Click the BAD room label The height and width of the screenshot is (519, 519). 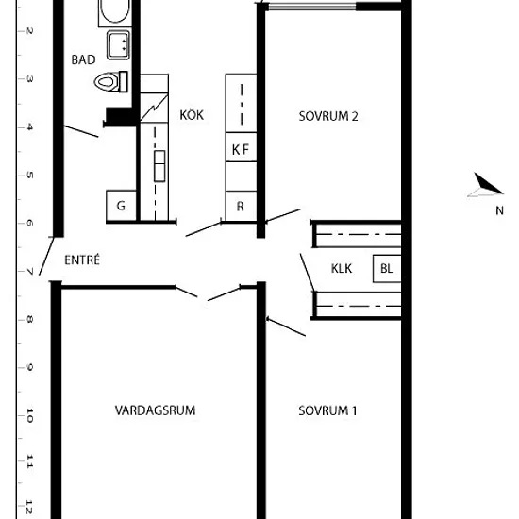[83, 59]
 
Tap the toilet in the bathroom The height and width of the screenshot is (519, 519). [111, 81]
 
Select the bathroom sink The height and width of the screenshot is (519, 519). [118, 45]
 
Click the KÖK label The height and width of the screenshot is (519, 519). [192, 115]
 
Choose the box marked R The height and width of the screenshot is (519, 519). [241, 206]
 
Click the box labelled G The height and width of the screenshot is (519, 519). [121, 205]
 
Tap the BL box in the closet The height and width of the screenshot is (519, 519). [387, 268]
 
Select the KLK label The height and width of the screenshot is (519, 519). [342, 268]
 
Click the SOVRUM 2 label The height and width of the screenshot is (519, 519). [328, 116]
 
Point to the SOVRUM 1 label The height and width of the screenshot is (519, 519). [327, 410]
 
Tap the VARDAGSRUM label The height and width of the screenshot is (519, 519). [155, 410]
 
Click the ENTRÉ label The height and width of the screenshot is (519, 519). [82, 259]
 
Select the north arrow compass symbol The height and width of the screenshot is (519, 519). [486, 185]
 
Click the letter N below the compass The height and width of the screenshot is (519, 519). [500, 210]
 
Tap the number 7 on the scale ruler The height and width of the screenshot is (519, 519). [30, 272]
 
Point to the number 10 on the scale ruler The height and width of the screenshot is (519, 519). [29, 415]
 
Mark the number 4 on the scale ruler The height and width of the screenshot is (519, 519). [30, 127]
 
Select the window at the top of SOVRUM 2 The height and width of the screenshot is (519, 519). [311, 6]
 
